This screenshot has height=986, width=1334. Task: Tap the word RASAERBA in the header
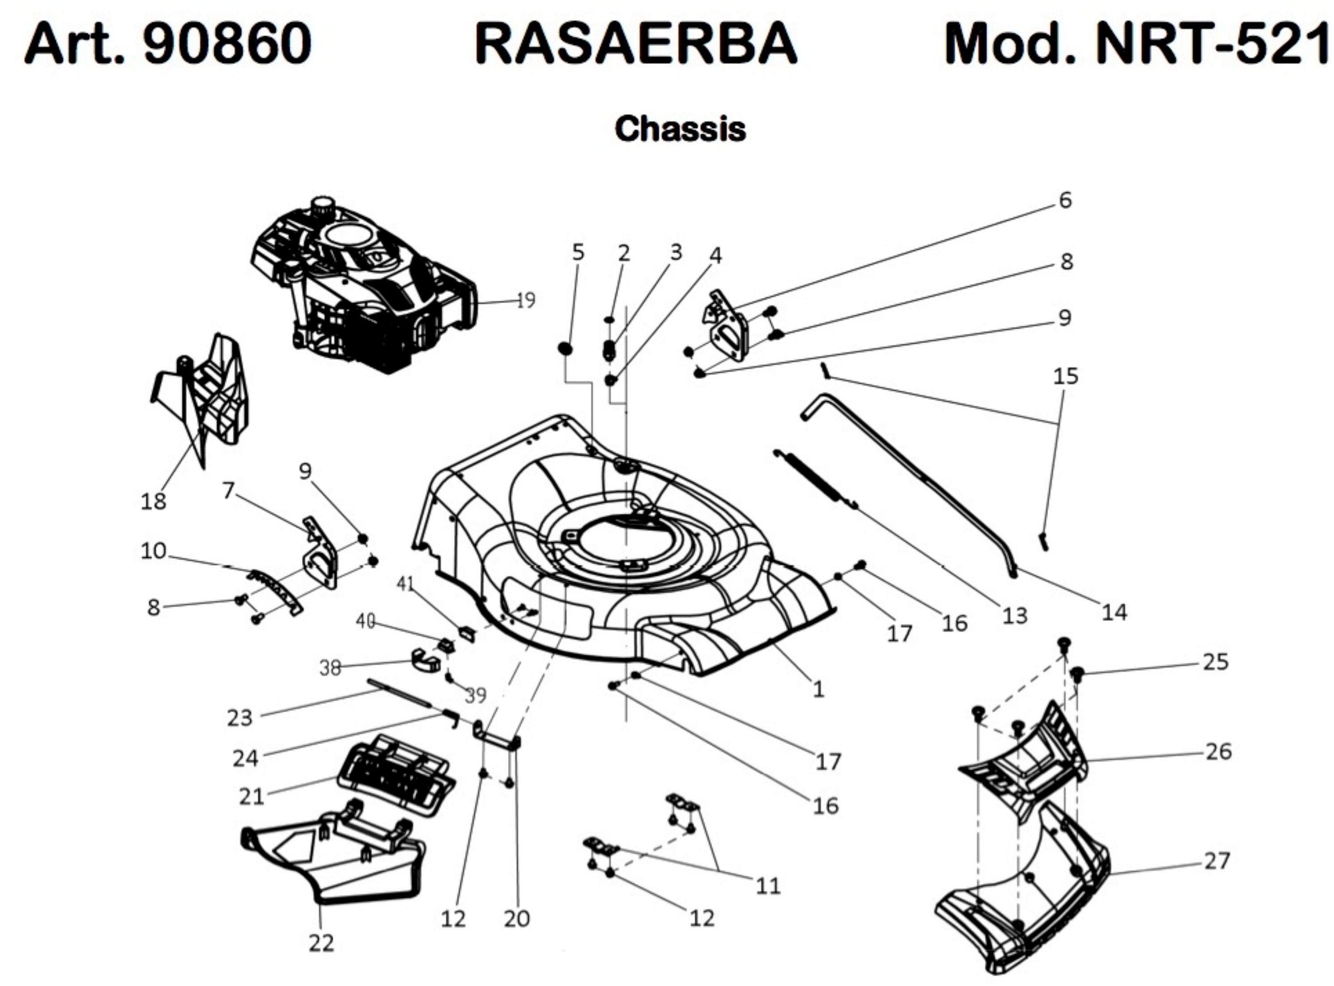(635, 45)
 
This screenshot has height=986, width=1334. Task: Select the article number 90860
(227, 45)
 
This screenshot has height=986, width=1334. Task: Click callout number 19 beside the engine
(525, 300)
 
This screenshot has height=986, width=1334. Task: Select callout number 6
(1065, 200)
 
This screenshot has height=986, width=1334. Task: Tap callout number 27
(1217, 861)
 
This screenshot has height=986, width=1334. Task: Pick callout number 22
(321, 943)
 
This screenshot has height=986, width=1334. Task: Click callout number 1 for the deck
(818, 689)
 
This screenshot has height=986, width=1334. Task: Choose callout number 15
(1066, 376)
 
